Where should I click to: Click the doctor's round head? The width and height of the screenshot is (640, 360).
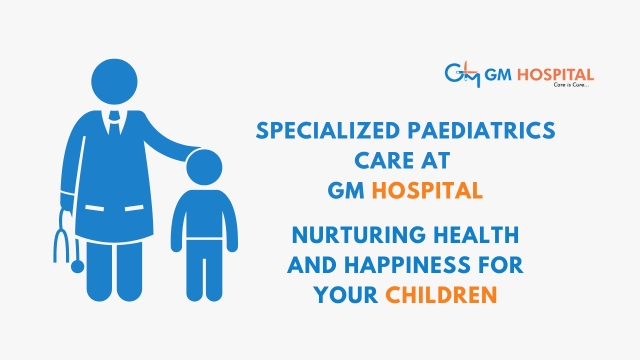114,82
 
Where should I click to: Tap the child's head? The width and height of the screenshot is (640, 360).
204,167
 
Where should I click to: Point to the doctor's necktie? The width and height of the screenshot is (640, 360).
114,124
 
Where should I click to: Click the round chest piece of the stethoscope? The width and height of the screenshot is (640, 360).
78,267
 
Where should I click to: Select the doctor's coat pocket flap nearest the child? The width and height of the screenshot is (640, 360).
134,208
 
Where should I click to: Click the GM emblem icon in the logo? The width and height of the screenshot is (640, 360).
462,75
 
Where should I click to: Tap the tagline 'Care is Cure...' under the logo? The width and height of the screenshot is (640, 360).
571,85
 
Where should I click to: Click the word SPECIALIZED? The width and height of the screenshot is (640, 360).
328,131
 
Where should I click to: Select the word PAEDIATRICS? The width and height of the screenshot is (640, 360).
482,131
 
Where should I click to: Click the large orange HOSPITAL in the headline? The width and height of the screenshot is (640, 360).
427,191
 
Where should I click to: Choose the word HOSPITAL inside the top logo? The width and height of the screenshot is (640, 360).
556,75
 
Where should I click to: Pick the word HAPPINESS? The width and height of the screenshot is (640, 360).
407,265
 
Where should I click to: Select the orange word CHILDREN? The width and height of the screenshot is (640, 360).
441,295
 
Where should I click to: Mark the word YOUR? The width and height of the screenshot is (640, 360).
346,295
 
